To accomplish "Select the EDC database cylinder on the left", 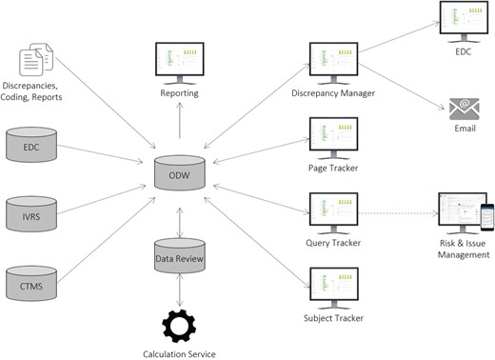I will [x=32, y=147].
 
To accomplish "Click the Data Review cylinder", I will [x=181, y=252].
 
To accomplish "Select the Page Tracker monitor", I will [x=332, y=135].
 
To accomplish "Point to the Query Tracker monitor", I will [x=332, y=210].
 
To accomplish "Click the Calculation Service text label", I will [x=181, y=353].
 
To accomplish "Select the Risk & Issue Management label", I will [x=463, y=249].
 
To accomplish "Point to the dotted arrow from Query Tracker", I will [x=395, y=212].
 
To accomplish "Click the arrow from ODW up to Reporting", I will [x=181, y=124].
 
